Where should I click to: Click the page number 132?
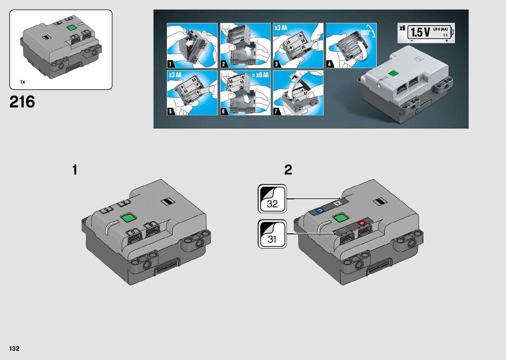(x=14, y=348)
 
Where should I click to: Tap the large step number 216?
(x=22, y=102)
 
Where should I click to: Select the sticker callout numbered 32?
(x=272, y=199)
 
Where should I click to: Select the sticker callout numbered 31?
(x=272, y=234)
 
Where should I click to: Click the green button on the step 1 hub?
(x=128, y=218)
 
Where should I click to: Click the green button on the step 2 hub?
(x=340, y=218)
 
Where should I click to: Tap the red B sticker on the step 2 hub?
(x=362, y=223)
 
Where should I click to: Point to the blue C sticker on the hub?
(x=319, y=211)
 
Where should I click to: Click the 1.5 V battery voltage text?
(x=420, y=32)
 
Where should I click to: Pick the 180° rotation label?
(x=366, y=32)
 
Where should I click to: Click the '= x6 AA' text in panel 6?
(x=260, y=75)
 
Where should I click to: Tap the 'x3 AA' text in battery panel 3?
(x=281, y=28)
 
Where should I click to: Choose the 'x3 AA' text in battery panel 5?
(x=175, y=75)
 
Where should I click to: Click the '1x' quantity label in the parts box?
(x=22, y=82)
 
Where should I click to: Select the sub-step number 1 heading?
(x=75, y=170)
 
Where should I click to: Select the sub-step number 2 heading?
(x=288, y=170)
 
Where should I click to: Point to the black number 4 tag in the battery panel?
(x=330, y=64)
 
